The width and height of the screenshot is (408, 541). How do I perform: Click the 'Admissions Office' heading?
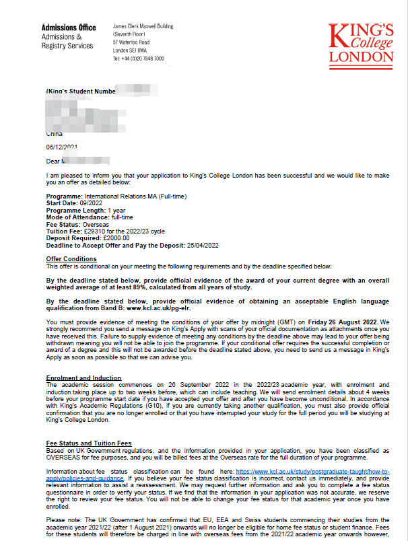pos(69,28)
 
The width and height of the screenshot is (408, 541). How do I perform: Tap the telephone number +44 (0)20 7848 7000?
pos(138,59)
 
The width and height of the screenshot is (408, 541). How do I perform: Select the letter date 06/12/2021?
pos(62,147)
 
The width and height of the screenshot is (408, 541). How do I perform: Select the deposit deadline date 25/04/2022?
pos(202,245)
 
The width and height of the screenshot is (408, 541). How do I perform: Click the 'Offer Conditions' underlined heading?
pos(71,259)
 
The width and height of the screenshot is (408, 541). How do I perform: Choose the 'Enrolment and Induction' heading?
pos(83,377)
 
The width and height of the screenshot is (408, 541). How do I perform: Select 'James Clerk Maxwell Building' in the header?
pos(143,26)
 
